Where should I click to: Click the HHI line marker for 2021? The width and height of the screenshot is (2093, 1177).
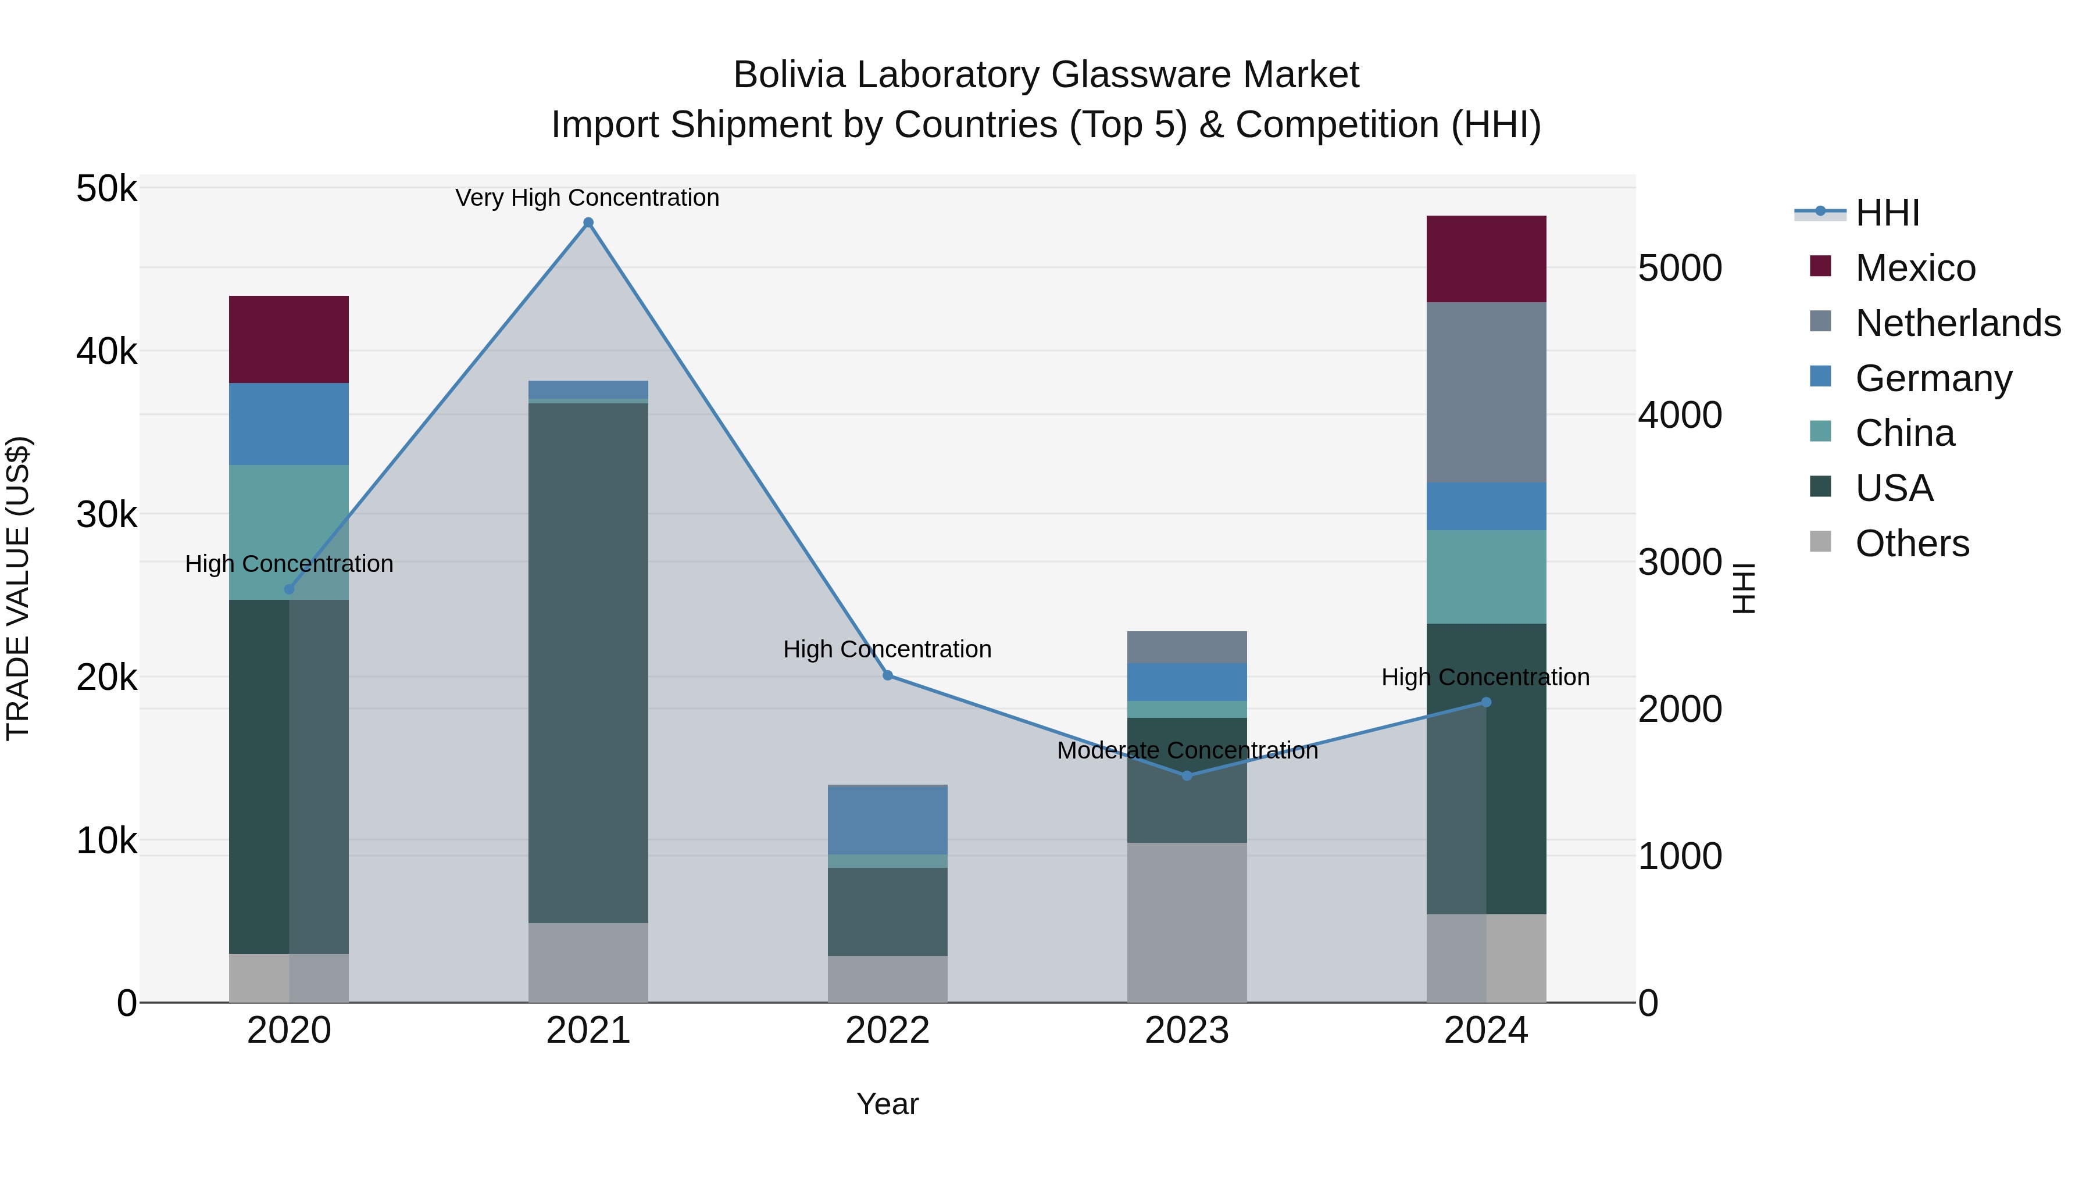588,223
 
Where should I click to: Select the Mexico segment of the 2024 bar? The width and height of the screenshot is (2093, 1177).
1486,259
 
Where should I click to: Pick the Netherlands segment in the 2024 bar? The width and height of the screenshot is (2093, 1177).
1486,392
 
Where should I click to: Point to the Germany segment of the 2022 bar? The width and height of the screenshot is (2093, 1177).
887,820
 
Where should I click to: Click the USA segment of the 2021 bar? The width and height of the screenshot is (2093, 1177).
588,662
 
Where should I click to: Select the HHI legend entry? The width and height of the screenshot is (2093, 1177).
1887,213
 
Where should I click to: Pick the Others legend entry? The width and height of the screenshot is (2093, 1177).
1912,543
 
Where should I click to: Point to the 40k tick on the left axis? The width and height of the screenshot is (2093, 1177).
106,352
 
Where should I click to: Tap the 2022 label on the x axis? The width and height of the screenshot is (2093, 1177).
887,1031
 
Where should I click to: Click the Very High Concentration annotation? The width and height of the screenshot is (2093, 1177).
587,198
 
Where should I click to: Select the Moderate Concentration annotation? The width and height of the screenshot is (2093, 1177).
1187,750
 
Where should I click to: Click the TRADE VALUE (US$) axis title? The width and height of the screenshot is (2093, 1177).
18,588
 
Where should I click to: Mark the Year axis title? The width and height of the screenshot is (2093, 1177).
887,1104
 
